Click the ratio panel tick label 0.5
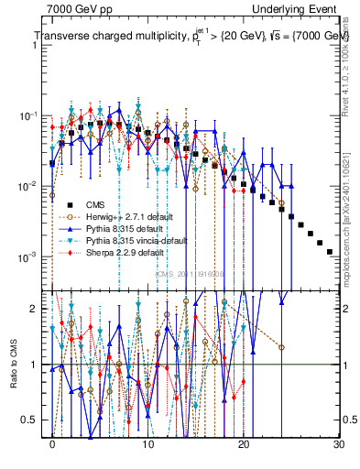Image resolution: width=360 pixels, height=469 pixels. pyautogui.click(x=33, y=420)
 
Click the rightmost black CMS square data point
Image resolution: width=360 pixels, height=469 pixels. pyautogui.click(x=330, y=251)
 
